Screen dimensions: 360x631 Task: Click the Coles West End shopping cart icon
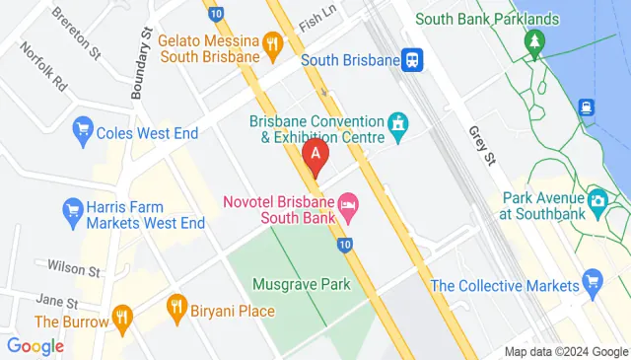point(83,129)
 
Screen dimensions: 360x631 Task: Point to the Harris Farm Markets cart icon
point(72,210)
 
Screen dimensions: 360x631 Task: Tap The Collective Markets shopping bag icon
point(593,282)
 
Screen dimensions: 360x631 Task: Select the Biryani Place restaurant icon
point(177,305)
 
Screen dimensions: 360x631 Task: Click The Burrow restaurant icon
point(122,317)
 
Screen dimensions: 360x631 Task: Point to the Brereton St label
point(77,35)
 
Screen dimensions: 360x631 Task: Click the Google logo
point(35,346)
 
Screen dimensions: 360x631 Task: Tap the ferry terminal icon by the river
point(589,107)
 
